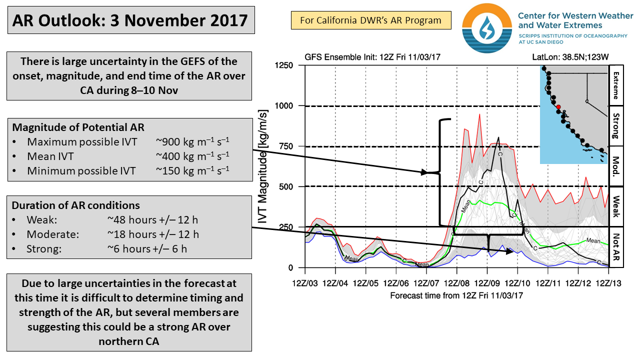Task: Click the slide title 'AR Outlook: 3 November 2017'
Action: [130, 21]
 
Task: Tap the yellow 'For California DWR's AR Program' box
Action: [371, 20]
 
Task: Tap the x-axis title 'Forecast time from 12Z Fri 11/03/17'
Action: [456, 295]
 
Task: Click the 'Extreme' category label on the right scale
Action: [615, 85]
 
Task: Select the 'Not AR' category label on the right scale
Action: [615, 247]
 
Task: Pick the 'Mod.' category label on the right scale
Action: [615, 166]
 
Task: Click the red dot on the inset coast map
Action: [558, 106]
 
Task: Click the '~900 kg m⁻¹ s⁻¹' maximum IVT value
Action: [192, 141]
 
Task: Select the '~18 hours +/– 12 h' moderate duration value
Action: [153, 234]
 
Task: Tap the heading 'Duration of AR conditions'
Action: [76, 205]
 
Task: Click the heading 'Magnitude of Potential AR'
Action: [78, 127]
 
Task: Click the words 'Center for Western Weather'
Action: [575, 15]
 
